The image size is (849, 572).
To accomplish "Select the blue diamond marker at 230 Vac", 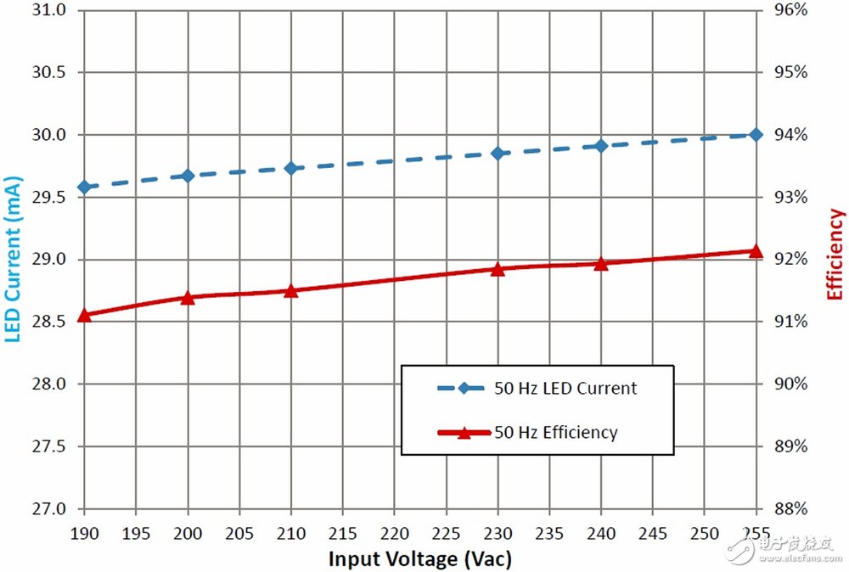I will (498, 153).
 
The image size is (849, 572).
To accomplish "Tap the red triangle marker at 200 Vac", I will (188, 297).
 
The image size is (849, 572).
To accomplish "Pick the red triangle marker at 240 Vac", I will (601, 264).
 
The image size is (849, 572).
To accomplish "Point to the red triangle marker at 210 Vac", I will (291, 291).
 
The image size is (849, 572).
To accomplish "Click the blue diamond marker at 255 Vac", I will (756, 135).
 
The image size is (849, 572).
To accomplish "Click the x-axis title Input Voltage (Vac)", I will (419, 559).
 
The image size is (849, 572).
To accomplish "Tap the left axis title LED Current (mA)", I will (13, 259).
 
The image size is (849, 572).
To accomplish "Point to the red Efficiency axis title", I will (835, 255).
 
